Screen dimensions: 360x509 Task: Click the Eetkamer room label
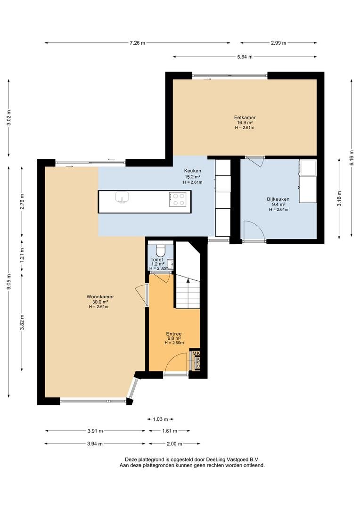(x=245, y=117)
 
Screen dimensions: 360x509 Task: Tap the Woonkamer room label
(x=100, y=296)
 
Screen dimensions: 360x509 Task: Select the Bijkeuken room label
(x=278, y=199)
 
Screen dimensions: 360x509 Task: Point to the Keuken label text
(x=193, y=171)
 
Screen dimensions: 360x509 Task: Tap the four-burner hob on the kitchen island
(x=178, y=199)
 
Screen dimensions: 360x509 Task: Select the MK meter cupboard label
(x=196, y=353)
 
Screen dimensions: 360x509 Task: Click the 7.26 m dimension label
(x=137, y=43)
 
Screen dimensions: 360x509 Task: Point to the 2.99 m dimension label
(x=278, y=43)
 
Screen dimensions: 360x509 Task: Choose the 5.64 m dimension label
(x=245, y=57)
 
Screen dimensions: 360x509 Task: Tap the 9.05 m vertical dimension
(x=9, y=282)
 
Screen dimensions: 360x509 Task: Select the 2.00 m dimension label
(x=174, y=444)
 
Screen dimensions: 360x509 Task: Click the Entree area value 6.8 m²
(x=174, y=338)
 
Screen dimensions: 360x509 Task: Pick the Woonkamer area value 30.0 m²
(x=100, y=302)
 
